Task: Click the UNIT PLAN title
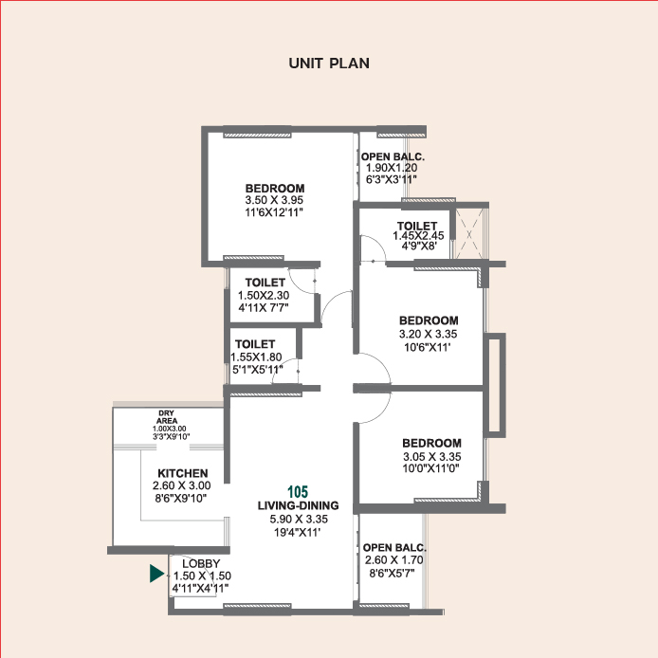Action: [x=328, y=64]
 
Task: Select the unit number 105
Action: [x=299, y=492]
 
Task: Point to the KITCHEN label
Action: [x=182, y=473]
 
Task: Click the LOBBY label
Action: [x=201, y=563]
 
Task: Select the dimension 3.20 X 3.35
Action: [x=428, y=334]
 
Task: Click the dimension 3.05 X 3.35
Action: [x=431, y=456]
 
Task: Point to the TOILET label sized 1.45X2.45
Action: [x=417, y=226]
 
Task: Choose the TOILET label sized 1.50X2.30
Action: [x=265, y=283]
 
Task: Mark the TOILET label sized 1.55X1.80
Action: [x=254, y=343]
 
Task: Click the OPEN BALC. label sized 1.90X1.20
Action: [x=393, y=156]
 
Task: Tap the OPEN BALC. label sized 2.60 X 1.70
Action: [x=395, y=548]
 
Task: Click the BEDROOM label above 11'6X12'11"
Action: [x=274, y=188]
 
